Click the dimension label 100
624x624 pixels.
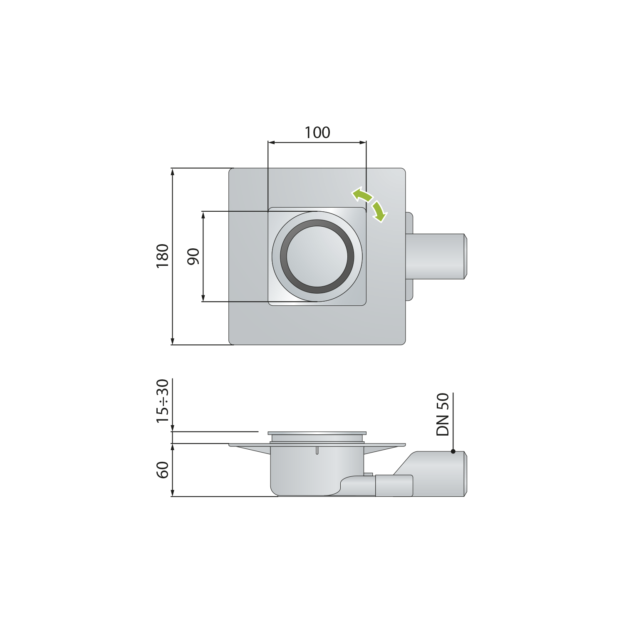tap(317, 132)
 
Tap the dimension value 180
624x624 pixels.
tap(163, 256)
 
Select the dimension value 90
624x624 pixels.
tap(193, 256)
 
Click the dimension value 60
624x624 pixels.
tap(163, 470)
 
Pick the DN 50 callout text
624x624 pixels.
tap(443, 414)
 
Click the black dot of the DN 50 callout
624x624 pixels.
tap(453, 451)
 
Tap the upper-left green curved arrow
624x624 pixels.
tap(361, 194)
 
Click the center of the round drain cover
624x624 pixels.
tap(317, 256)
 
